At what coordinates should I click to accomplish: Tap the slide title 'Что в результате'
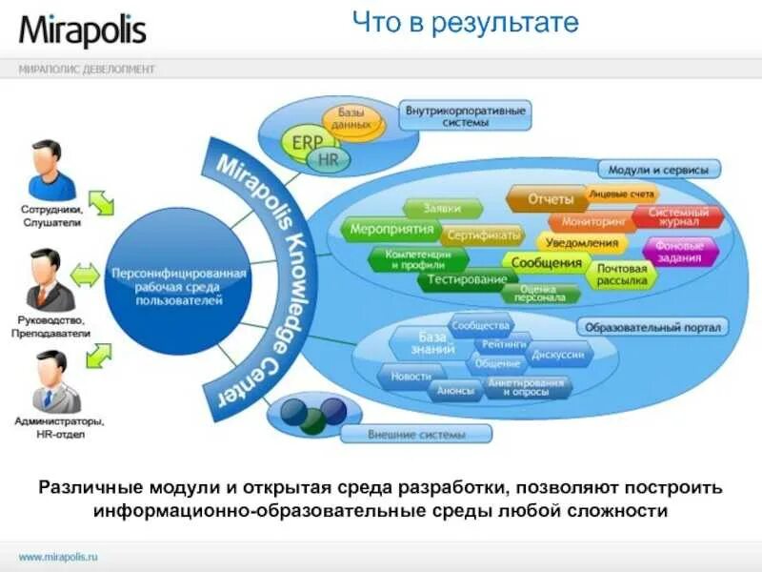coord(464,23)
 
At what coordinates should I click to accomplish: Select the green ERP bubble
coord(307,143)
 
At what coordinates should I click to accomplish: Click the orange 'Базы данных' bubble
coord(352,119)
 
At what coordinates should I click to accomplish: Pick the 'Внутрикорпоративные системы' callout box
coord(465,116)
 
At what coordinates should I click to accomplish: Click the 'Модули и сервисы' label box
coord(658,170)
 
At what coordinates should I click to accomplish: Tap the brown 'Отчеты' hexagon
coord(547,199)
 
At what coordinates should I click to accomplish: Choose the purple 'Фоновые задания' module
coord(679,250)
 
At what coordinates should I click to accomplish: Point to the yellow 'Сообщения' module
coord(546,262)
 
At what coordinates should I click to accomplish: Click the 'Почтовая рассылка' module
coord(621,275)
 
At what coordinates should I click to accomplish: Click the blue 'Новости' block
coord(411,377)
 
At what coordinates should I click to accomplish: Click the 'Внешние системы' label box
coord(416,435)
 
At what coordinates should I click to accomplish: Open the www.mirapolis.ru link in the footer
coord(59,555)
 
